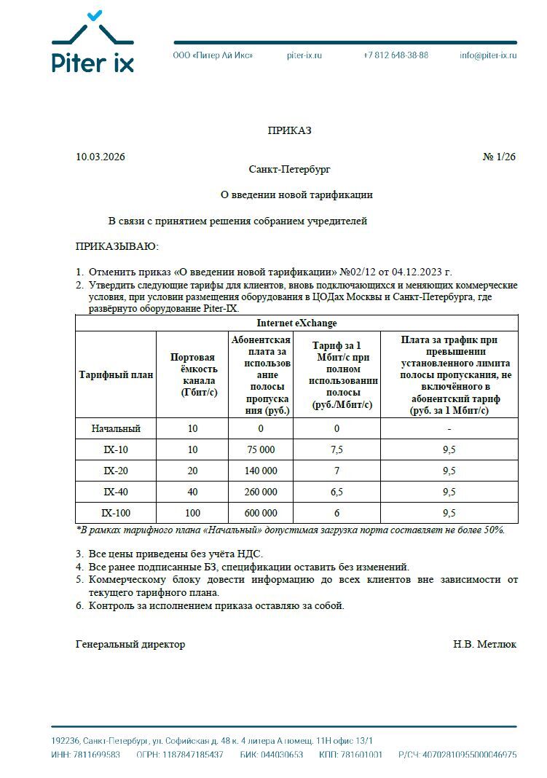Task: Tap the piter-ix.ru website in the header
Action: (x=304, y=55)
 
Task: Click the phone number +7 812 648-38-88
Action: (x=396, y=55)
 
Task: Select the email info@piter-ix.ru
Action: (x=488, y=55)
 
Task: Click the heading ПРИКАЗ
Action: (x=289, y=130)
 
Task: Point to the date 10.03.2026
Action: (x=101, y=157)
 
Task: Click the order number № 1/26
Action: (x=499, y=157)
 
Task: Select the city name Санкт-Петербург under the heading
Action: (x=289, y=169)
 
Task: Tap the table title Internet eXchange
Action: (x=296, y=323)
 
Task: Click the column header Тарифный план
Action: (x=116, y=375)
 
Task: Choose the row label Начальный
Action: (x=116, y=428)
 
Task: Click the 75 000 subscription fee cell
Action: (x=261, y=449)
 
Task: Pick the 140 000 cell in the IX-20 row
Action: (x=261, y=471)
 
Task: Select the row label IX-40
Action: (x=116, y=492)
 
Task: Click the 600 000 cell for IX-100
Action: (x=261, y=513)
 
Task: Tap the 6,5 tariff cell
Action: (x=337, y=492)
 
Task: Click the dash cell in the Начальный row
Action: (x=449, y=428)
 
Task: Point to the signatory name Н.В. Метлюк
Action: (x=484, y=644)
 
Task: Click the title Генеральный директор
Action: (x=130, y=644)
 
